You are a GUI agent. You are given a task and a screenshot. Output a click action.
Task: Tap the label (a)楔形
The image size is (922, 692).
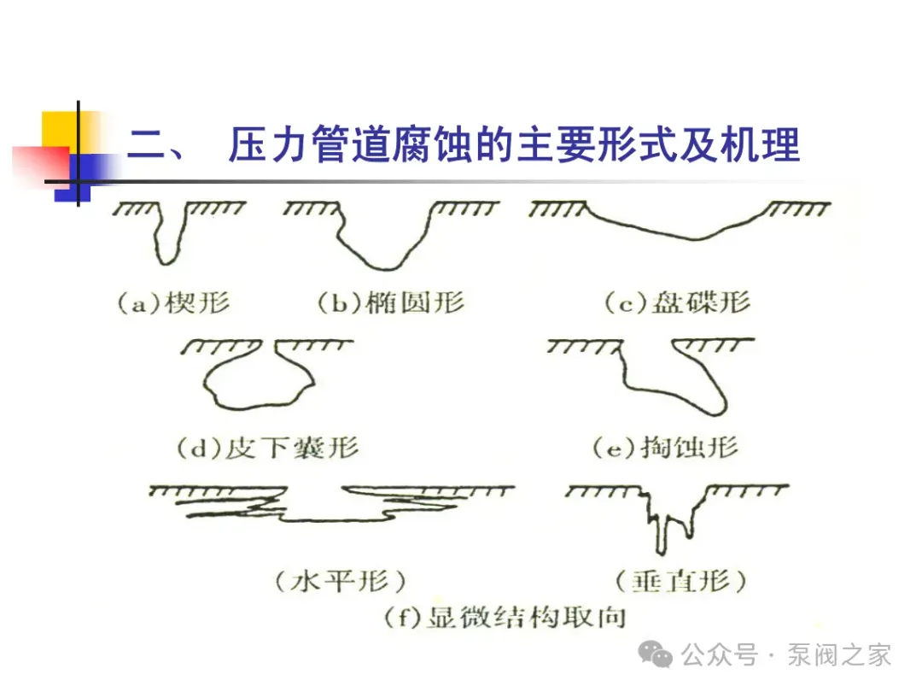[173, 303]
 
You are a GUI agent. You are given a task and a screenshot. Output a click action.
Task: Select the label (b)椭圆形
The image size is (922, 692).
[390, 303]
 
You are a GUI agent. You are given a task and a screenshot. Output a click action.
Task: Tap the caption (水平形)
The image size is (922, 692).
[341, 583]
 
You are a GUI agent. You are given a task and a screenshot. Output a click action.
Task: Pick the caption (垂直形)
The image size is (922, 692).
[680, 583]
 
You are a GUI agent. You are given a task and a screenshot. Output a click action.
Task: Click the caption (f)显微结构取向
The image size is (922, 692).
[505, 617]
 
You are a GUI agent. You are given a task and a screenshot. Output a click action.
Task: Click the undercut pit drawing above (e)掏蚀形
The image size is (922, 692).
[670, 376]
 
